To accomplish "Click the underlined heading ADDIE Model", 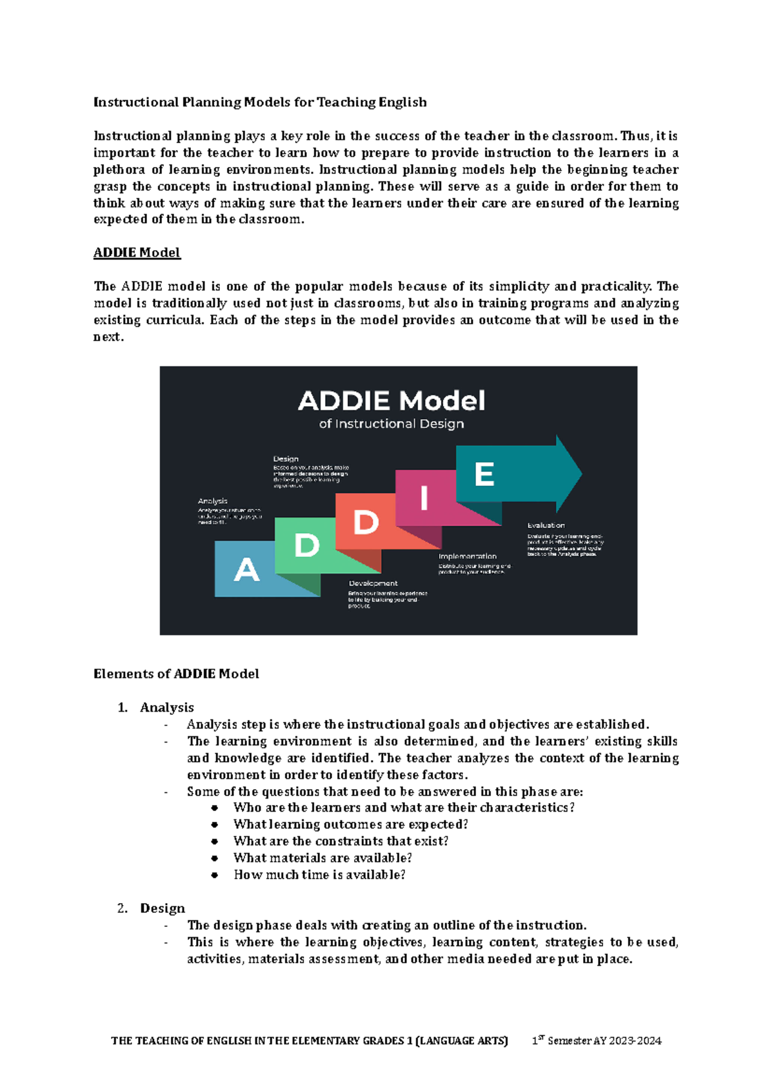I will coord(137,253).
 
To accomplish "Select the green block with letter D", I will coord(306,545).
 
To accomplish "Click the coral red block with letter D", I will coord(366,522).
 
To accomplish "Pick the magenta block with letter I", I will coord(424,498).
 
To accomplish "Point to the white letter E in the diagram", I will coord(484,475).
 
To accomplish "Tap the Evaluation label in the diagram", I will coord(546,525).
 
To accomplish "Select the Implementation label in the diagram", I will coord(468,556).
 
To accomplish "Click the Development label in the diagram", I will coord(373,583).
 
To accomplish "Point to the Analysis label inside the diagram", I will coord(213,501).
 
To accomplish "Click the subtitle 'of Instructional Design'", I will coord(392,424).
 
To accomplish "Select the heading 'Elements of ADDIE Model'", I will coord(176,674).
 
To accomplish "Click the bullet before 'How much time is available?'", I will coord(215,875).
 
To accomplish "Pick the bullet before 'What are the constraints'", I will coord(215,841).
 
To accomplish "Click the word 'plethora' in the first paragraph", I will coord(119,170).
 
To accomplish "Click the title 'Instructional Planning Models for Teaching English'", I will coord(260,102).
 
